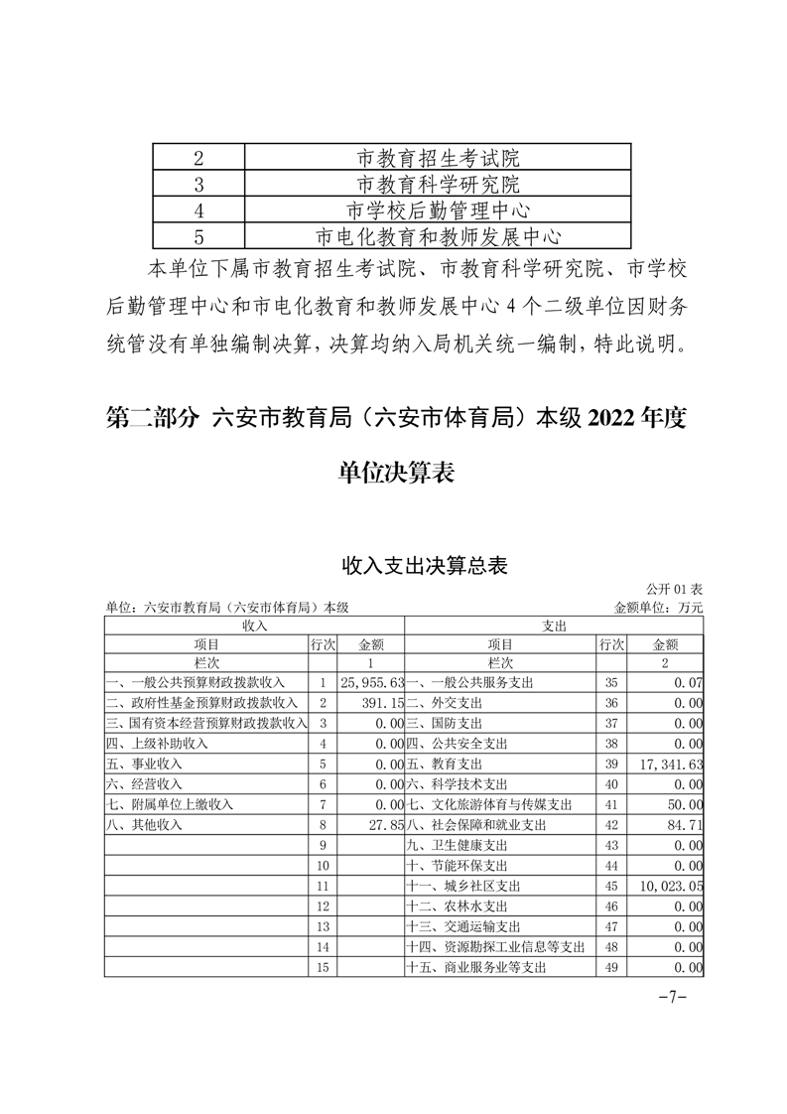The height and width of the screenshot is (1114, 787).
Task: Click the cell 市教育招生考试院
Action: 438,158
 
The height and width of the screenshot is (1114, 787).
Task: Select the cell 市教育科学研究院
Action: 438,184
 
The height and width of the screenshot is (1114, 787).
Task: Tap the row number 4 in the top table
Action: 199,210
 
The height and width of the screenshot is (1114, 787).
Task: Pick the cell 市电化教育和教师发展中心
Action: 438,236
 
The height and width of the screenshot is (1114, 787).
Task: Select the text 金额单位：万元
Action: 659,607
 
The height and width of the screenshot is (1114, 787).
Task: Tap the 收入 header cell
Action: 255,625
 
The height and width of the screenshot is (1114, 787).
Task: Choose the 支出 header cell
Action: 555,625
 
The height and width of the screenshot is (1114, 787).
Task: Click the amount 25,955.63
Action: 371,683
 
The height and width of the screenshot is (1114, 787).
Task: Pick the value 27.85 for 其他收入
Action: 385,824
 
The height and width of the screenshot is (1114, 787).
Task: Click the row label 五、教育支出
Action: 444,764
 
